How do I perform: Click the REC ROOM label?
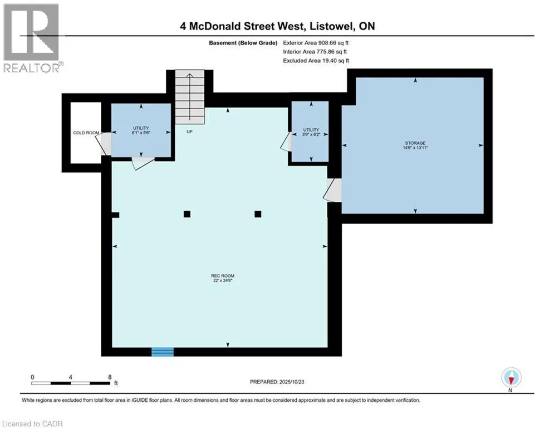(x=223, y=278)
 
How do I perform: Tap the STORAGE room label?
(x=415, y=145)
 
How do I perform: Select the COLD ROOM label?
(x=86, y=133)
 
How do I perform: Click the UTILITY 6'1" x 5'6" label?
(x=141, y=130)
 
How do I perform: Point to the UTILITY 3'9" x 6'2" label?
(x=311, y=132)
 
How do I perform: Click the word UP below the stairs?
(x=189, y=132)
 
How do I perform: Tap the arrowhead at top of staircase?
(x=190, y=75)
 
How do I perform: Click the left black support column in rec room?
(x=187, y=214)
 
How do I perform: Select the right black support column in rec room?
(x=258, y=214)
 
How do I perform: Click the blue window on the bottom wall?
(x=163, y=352)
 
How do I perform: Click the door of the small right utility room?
(x=286, y=142)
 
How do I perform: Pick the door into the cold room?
(x=103, y=143)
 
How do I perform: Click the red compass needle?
(x=511, y=381)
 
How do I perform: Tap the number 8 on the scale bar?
(x=110, y=377)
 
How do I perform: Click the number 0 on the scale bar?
(x=32, y=377)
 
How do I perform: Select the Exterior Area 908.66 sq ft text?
(x=316, y=43)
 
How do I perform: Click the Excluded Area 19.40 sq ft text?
(x=316, y=61)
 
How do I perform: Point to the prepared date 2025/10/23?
(x=292, y=382)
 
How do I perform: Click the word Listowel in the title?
(x=332, y=26)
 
